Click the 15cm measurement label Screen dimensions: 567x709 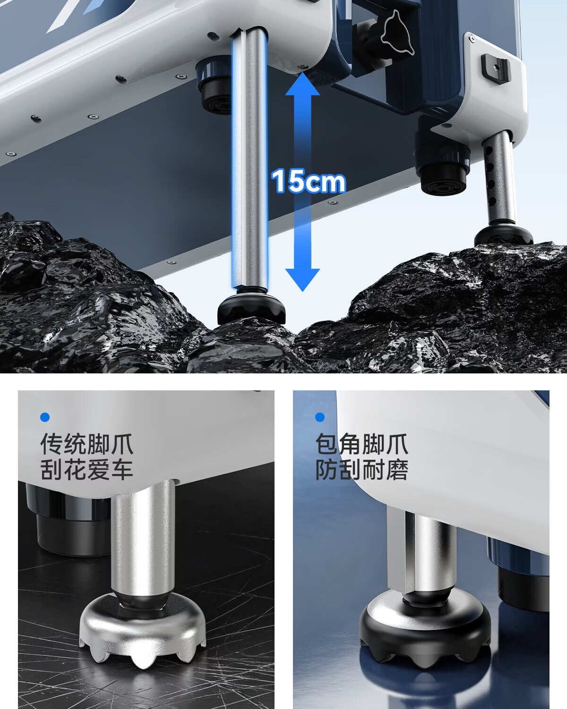point(309,181)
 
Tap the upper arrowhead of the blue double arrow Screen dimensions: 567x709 point(302,85)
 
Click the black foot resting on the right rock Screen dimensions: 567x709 point(503,234)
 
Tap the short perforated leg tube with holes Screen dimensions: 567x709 point(499,178)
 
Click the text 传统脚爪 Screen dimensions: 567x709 point(86,444)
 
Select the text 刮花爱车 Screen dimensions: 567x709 point(86,469)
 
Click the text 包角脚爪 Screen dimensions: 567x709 point(362,444)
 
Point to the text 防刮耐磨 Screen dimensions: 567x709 point(362,469)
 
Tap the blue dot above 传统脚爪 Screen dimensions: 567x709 point(45,417)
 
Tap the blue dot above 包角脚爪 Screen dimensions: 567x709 point(319,417)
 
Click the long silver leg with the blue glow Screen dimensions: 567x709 point(249,158)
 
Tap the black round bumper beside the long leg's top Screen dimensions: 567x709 point(214,85)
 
